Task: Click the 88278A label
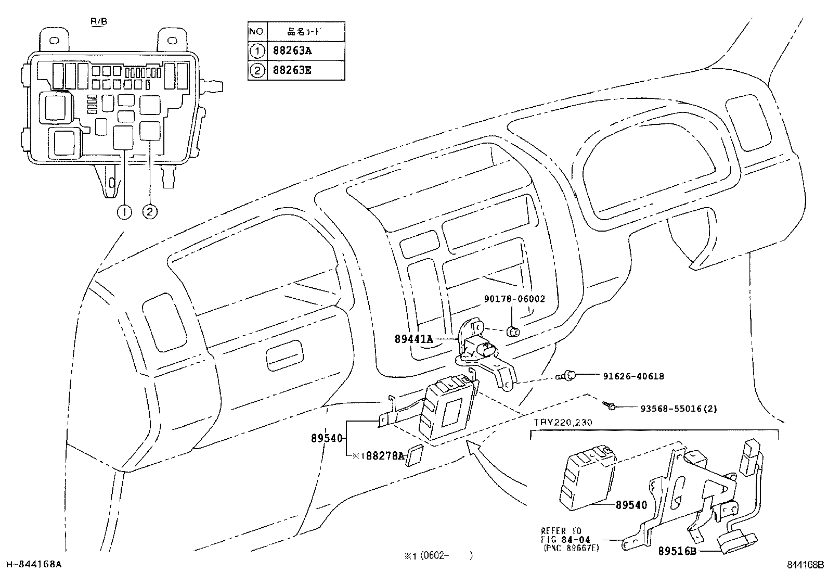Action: [x=382, y=456]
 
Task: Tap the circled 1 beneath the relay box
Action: [x=124, y=212]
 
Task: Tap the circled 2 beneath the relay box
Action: [x=150, y=212]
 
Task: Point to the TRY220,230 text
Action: [x=562, y=423]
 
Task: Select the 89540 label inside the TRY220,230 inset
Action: [x=631, y=505]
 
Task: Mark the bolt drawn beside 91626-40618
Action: [x=568, y=375]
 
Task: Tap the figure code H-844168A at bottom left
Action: [x=33, y=564]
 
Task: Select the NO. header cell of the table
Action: [x=257, y=32]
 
